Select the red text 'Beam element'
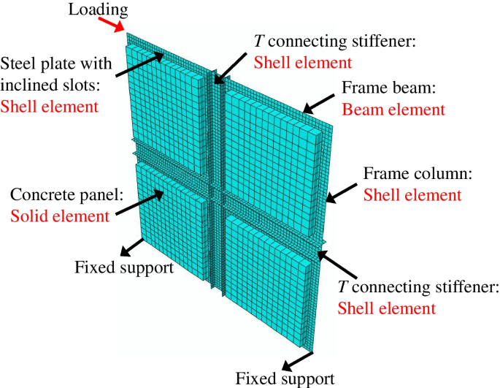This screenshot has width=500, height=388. point(393,110)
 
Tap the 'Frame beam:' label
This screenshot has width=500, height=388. point(388,91)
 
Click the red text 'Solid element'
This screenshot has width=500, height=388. point(60,216)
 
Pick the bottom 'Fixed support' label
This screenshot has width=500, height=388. point(285,379)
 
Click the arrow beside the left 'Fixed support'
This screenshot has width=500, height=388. point(133,246)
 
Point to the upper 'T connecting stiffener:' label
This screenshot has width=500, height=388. point(334,42)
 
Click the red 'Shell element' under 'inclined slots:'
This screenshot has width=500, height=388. point(49,107)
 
